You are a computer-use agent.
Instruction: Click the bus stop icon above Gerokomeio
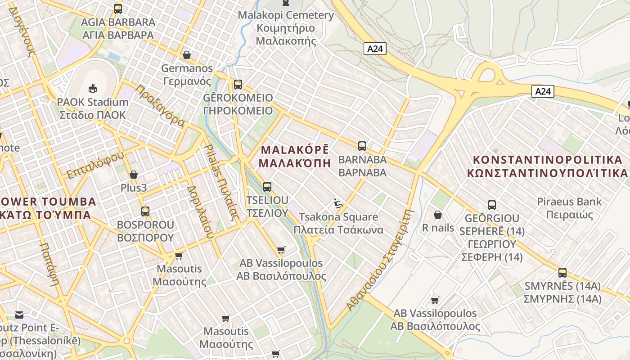point(238,84)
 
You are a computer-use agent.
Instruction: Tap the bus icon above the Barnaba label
point(362,146)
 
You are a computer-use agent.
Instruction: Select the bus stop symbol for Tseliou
point(267,186)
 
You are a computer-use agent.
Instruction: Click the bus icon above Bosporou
point(145,211)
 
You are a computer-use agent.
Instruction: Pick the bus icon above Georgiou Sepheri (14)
point(492,205)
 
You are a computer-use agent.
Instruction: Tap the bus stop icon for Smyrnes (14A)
point(562,272)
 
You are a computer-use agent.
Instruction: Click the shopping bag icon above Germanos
point(187,55)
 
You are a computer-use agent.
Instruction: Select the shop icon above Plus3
point(134,175)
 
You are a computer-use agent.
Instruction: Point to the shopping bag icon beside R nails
point(437,215)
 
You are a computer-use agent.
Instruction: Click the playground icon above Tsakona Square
point(338,204)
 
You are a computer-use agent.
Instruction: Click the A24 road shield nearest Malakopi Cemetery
point(375,49)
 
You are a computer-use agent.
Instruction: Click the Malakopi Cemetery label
point(286,28)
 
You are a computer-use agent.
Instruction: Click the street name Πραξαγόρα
point(160,105)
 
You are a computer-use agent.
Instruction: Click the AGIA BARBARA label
point(118,28)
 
